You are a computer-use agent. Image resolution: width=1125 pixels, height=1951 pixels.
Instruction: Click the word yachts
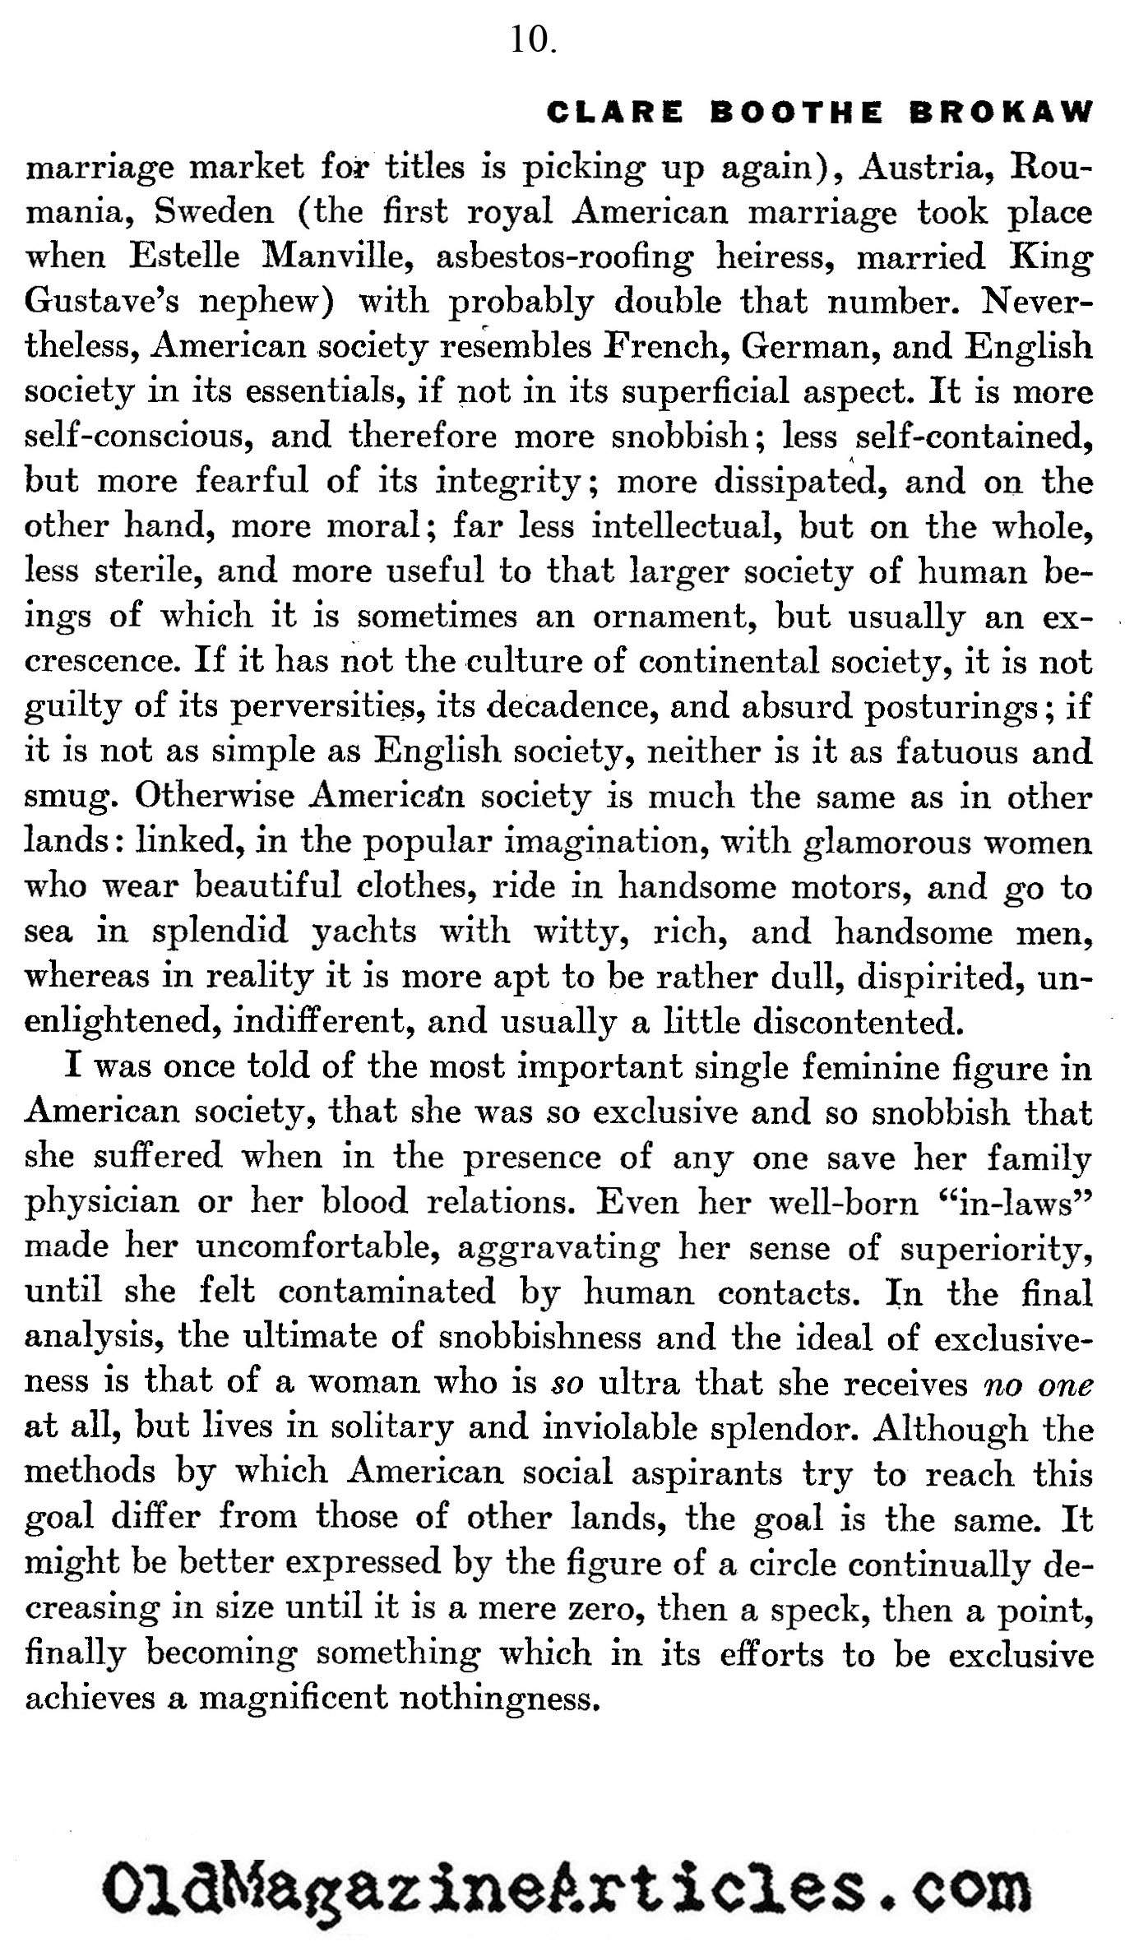point(364,931)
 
